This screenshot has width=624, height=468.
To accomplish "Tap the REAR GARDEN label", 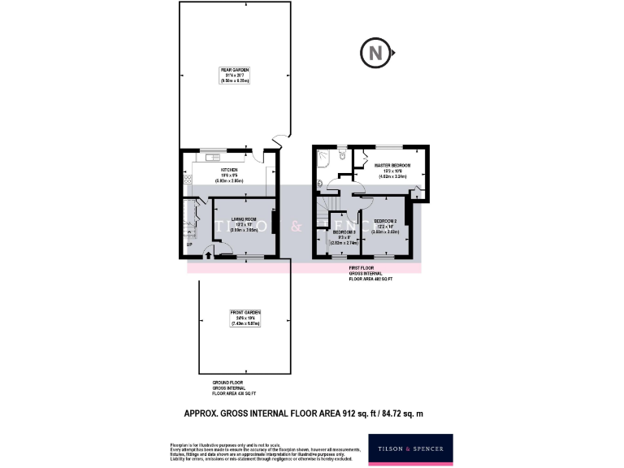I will click(x=234, y=76).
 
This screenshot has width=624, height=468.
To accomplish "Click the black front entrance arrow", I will click(x=208, y=254).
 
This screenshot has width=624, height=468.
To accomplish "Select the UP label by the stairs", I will click(x=188, y=244).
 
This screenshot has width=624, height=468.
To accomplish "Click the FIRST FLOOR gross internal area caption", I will click(x=370, y=272).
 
